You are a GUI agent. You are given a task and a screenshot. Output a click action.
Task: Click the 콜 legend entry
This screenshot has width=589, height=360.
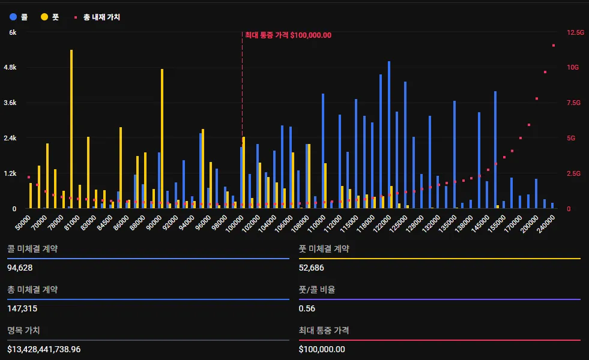coord(19,17)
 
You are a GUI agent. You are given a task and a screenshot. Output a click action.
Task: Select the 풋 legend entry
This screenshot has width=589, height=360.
coord(50,17)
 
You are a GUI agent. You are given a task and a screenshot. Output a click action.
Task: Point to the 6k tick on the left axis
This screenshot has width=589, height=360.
coord(12,32)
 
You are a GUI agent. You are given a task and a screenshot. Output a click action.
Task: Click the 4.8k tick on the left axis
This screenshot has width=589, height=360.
coord(10,67)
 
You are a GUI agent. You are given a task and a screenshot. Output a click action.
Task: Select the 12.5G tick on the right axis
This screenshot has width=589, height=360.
coord(575,32)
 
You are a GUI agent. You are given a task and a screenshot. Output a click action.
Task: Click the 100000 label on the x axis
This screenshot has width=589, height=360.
coord(234,224)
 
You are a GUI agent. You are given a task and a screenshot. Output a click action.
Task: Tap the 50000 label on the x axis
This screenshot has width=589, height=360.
coord(23,223)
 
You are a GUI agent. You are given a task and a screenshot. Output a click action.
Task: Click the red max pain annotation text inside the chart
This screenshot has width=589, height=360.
coord(288,35)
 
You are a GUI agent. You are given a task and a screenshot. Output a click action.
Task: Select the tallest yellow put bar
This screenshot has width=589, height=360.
coord(71,129)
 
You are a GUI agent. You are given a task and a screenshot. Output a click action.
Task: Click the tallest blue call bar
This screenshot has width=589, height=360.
coord(389,134)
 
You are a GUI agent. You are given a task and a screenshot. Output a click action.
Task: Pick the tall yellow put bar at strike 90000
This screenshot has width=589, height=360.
coord(162,139)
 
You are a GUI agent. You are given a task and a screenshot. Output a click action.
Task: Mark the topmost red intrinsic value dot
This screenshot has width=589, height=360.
coord(554,46)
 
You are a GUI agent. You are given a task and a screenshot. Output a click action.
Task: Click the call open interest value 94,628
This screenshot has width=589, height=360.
coord(20,267)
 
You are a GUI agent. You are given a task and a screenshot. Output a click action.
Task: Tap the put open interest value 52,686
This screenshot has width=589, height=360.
coord(311,267)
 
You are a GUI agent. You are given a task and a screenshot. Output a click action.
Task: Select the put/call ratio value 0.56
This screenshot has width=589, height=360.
coord(307,308)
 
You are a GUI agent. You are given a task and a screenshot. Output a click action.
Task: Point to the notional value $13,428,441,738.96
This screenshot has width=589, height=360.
coord(52,349)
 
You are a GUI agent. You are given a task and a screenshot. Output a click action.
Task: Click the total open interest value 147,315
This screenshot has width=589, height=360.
coord(22,308)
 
